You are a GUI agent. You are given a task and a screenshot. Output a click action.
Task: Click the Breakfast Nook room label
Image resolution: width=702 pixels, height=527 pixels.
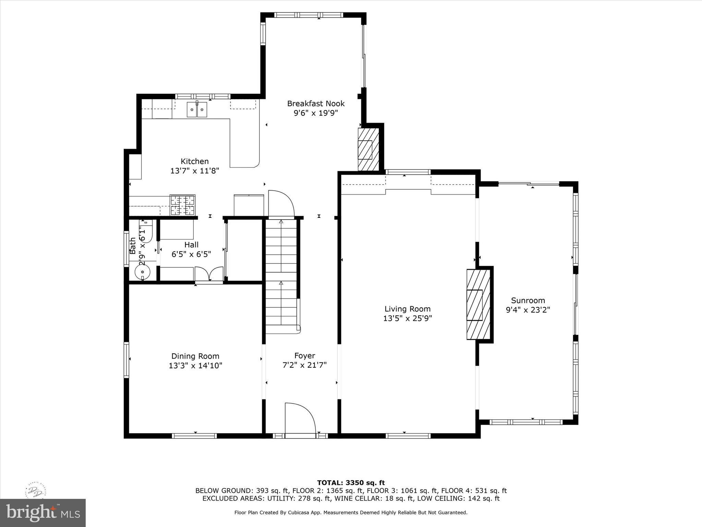point(316,103)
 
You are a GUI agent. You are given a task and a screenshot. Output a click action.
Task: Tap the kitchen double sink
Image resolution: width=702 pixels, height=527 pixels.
point(197,110)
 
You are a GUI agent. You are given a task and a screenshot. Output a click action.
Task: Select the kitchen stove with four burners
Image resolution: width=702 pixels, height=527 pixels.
point(182,205)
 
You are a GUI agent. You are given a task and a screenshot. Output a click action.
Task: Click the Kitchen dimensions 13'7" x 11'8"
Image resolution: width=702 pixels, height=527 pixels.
point(194,171)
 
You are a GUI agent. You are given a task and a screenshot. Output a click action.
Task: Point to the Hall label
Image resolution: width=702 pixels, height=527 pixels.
point(191,245)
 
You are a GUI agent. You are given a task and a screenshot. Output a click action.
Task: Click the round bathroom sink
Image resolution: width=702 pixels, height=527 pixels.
point(143,272)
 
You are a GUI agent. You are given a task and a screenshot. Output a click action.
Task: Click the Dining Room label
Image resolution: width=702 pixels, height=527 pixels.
point(195,356)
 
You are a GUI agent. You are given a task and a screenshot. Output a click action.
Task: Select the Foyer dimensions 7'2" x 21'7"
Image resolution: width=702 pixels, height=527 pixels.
point(304,365)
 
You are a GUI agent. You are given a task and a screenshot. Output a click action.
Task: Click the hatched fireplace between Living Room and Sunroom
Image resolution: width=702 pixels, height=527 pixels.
point(479,305)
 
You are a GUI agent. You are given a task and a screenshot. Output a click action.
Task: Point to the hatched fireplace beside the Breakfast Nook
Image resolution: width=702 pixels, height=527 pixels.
point(368,149)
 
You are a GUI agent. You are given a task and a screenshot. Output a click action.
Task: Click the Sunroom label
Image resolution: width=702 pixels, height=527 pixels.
point(528,301)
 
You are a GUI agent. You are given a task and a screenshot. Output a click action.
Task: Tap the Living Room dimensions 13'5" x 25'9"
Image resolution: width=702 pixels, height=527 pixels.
point(407,318)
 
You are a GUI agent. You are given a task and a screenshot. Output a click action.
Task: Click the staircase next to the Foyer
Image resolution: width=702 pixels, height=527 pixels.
point(281,274)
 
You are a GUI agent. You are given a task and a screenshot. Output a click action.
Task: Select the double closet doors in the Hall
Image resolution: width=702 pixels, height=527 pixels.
point(209,274)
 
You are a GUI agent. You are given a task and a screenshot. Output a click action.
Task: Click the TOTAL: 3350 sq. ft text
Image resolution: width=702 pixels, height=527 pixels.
point(351,483)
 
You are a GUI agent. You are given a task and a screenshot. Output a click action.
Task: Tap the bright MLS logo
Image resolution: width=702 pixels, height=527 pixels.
point(43,513)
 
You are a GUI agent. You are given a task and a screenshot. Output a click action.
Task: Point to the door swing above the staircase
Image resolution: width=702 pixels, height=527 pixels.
point(281,204)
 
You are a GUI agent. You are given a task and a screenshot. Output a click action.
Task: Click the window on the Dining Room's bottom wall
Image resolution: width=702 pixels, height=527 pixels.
point(194,436)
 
